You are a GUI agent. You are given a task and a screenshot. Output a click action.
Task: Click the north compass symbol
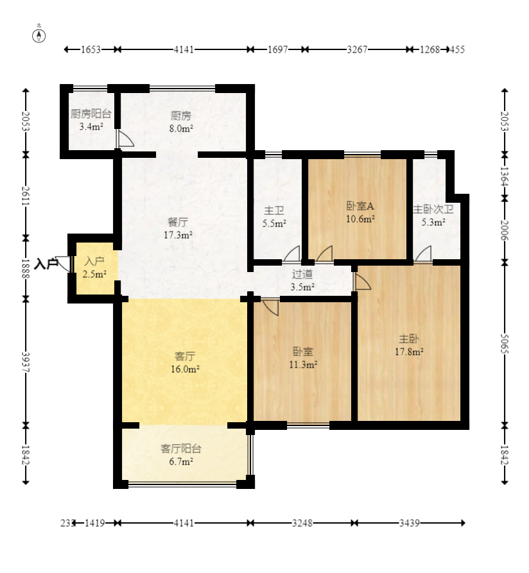tap(39, 36)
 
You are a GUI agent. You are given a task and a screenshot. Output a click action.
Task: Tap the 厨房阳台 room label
tap(91, 114)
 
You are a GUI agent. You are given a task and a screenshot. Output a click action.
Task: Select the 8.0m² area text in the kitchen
tap(181, 128)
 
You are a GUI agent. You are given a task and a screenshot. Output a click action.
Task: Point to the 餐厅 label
tap(178, 222)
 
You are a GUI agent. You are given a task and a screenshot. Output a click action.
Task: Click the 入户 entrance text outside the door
tap(46, 264)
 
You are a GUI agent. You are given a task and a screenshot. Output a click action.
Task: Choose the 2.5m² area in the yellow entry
tap(94, 274)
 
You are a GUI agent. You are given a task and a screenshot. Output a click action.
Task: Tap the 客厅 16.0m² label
tap(185, 363)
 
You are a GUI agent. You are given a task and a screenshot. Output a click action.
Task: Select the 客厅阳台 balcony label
tap(181, 449)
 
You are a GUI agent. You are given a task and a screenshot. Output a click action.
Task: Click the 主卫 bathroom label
tap(274, 210)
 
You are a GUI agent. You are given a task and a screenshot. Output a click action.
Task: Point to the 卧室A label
tap(360, 206)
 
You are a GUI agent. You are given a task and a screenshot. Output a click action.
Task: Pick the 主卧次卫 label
tap(433, 209)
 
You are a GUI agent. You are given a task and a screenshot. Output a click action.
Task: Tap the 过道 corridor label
tap(302, 274)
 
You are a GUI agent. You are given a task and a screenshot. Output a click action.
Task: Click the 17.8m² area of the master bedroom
tap(409, 352)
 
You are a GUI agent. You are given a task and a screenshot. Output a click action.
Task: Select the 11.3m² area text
tap(303, 364)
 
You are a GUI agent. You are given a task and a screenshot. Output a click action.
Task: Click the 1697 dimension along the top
tap(278, 49)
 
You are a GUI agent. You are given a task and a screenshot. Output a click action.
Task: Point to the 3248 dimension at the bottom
tap(302, 524)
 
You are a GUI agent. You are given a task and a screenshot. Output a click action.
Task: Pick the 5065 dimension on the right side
tap(505, 344)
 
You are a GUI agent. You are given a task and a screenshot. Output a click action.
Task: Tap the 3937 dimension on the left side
tap(26, 362)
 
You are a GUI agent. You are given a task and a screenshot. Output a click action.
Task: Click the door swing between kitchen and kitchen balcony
tap(125, 139)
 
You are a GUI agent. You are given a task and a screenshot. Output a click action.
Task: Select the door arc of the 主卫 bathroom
tap(291, 253)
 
